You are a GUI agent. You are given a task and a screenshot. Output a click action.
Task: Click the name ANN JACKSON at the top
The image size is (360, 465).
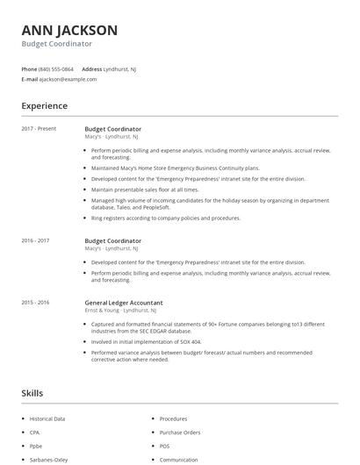(x=69, y=30)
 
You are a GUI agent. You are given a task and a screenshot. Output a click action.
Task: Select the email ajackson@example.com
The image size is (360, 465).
(x=68, y=79)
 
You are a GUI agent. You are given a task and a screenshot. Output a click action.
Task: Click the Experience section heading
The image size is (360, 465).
(x=44, y=106)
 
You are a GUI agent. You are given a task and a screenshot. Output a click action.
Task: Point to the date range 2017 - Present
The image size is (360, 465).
(x=39, y=129)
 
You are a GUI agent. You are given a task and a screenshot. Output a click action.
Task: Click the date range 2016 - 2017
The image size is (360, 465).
(x=35, y=240)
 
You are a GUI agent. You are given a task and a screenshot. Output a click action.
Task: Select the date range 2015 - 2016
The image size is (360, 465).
(x=35, y=302)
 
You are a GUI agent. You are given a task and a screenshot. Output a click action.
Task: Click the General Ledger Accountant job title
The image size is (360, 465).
(x=123, y=302)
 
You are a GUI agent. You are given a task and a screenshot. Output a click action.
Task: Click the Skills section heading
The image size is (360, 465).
(x=32, y=393)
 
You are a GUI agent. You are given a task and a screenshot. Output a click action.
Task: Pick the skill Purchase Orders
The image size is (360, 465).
(x=180, y=433)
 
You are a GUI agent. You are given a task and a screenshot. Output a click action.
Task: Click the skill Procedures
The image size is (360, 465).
(x=173, y=418)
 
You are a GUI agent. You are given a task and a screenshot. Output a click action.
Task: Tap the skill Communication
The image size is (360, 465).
(x=178, y=459)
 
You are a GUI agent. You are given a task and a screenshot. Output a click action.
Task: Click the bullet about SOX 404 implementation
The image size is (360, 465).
(x=146, y=341)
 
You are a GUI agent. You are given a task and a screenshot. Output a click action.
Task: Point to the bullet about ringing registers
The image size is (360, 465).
(x=165, y=218)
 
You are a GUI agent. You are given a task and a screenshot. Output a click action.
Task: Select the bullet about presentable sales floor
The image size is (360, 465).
(x=145, y=190)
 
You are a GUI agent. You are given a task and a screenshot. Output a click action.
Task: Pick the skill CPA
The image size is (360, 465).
(x=35, y=433)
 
